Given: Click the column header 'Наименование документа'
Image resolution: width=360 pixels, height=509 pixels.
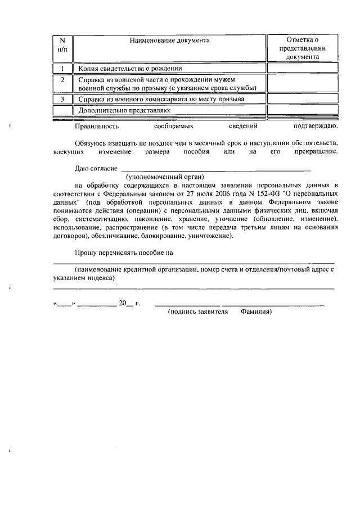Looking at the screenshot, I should [x=169, y=40].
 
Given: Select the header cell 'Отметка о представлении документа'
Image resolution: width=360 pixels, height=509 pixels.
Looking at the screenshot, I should [x=302, y=48].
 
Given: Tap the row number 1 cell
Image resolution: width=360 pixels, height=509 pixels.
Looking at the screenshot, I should [x=62, y=69].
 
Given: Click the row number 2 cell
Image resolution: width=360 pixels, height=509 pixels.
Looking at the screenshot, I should [x=62, y=83].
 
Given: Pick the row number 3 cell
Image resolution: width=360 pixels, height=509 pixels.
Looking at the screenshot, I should [x=62, y=99].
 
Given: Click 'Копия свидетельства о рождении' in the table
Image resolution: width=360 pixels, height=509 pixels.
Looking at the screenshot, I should [x=130, y=69].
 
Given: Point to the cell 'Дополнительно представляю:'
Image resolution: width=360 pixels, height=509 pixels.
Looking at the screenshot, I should [x=125, y=110].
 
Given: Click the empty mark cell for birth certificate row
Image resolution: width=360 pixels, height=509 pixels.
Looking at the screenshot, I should [x=302, y=69].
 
